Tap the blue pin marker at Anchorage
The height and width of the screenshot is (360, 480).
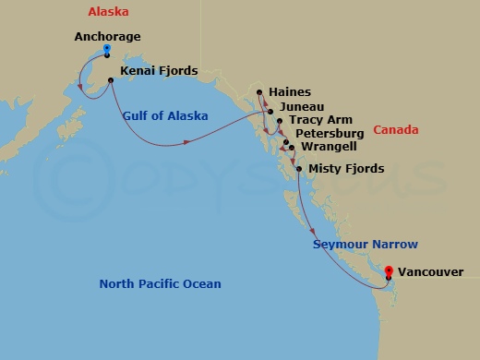[107, 49]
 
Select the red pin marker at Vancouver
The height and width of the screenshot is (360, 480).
[389, 272]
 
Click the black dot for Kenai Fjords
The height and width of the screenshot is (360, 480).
[111, 81]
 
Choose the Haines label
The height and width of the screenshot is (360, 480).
[291, 92]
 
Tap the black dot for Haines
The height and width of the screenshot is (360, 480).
[259, 91]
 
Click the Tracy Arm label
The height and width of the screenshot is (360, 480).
[320, 121]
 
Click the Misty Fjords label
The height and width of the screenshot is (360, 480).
[345, 168]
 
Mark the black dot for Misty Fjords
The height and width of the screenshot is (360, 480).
[299, 169]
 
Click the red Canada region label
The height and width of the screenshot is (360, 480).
[397, 130]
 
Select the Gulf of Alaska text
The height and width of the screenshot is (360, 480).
[164, 115]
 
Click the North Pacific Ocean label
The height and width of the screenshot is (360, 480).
[160, 283]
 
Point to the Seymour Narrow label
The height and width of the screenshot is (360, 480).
[365, 245]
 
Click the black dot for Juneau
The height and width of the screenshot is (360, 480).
[270, 112]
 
